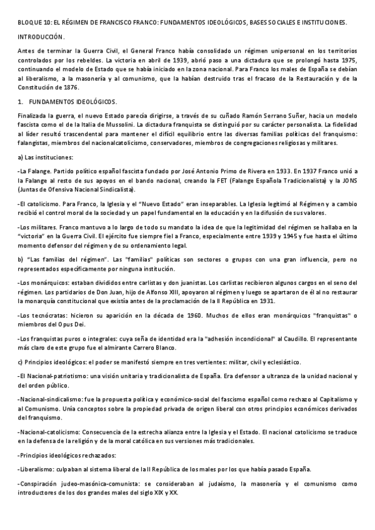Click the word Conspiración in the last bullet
[x=42, y=483]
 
